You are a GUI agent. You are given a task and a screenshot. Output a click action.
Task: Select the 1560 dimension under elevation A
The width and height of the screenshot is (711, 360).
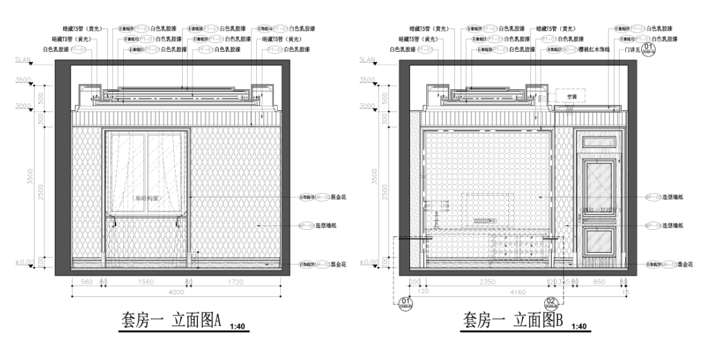146,282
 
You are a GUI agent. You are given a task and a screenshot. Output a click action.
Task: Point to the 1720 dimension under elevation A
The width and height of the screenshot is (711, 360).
235,282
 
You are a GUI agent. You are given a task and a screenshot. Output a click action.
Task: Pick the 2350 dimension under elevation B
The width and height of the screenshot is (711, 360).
487,282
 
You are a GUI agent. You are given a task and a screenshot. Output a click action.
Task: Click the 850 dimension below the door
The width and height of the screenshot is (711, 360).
599,282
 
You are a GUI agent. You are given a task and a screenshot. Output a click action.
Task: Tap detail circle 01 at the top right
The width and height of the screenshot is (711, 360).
649,48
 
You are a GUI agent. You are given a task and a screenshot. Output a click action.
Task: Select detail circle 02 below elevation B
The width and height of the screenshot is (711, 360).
552,303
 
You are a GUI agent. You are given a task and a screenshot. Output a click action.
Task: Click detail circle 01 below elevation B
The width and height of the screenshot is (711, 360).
406,303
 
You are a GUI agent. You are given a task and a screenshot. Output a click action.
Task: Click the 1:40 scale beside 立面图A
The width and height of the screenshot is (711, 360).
237,326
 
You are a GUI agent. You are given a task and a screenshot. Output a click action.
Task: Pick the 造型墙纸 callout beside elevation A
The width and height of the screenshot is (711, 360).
329,226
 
